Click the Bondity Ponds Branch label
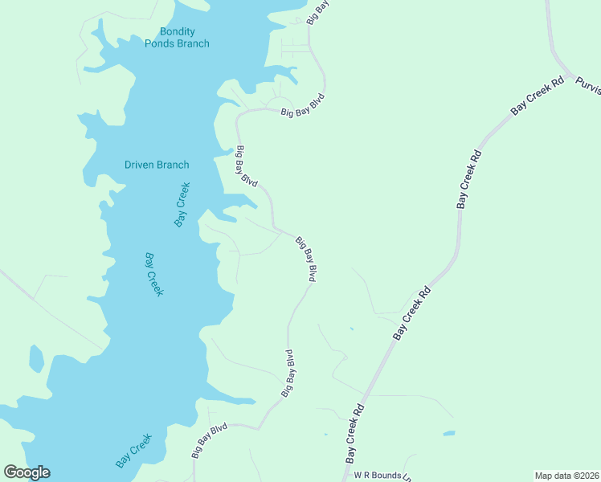pos(177,38)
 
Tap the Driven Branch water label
pos(157,165)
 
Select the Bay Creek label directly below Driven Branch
pos(182,205)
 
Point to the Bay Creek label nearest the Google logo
pos(133,451)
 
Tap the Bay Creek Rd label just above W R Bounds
pos(354,434)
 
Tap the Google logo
pos(27,472)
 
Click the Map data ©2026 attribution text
pos(566,476)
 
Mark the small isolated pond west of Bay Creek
pos(36,358)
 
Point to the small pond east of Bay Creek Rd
pos(448,434)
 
